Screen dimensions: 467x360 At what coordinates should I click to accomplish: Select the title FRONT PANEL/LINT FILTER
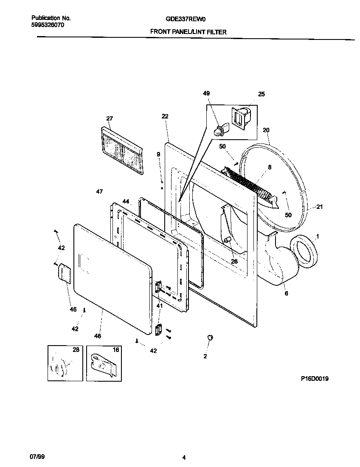pos(188,32)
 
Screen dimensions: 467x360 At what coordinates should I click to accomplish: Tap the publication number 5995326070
pos(48,25)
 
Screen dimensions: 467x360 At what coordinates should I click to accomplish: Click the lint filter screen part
pos(121,151)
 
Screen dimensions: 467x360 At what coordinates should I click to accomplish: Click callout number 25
pos(262,94)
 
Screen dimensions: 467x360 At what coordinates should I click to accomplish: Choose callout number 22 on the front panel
pos(165,116)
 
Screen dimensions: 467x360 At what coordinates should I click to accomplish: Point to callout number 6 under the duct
pos(286,293)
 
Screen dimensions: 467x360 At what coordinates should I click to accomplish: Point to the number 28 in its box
pos(76,349)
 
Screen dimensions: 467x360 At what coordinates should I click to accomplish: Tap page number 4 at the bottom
pos(184,458)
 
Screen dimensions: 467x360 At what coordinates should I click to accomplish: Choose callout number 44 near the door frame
pos(126,201)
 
